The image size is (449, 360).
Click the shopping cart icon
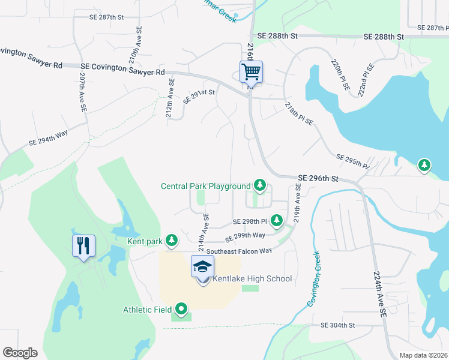(x=251, y=73)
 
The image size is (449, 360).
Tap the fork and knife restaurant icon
(x=83, y=245)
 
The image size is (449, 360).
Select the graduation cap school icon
(x=202, y=266)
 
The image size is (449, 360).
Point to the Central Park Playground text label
(x=205, y=186)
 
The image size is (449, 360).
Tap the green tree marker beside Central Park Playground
(x=259, y=185)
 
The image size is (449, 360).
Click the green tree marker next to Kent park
(x=172, y=241)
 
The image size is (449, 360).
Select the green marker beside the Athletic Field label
(x=180, y=310)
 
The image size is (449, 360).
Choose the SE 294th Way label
(x=49, y=139)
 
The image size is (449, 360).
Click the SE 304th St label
(x=338, y=325)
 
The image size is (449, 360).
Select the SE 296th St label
(x=319, y=178)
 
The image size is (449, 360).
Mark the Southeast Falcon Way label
(x=240, y=250)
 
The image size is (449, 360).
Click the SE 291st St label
(x=199, y=97)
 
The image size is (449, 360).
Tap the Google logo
(x=20, y=353)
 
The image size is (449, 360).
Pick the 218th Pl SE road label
(x=298, y=113)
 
